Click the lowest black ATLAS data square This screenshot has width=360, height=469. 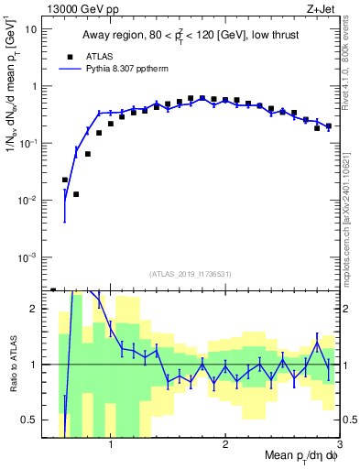[x=77, y=194]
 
